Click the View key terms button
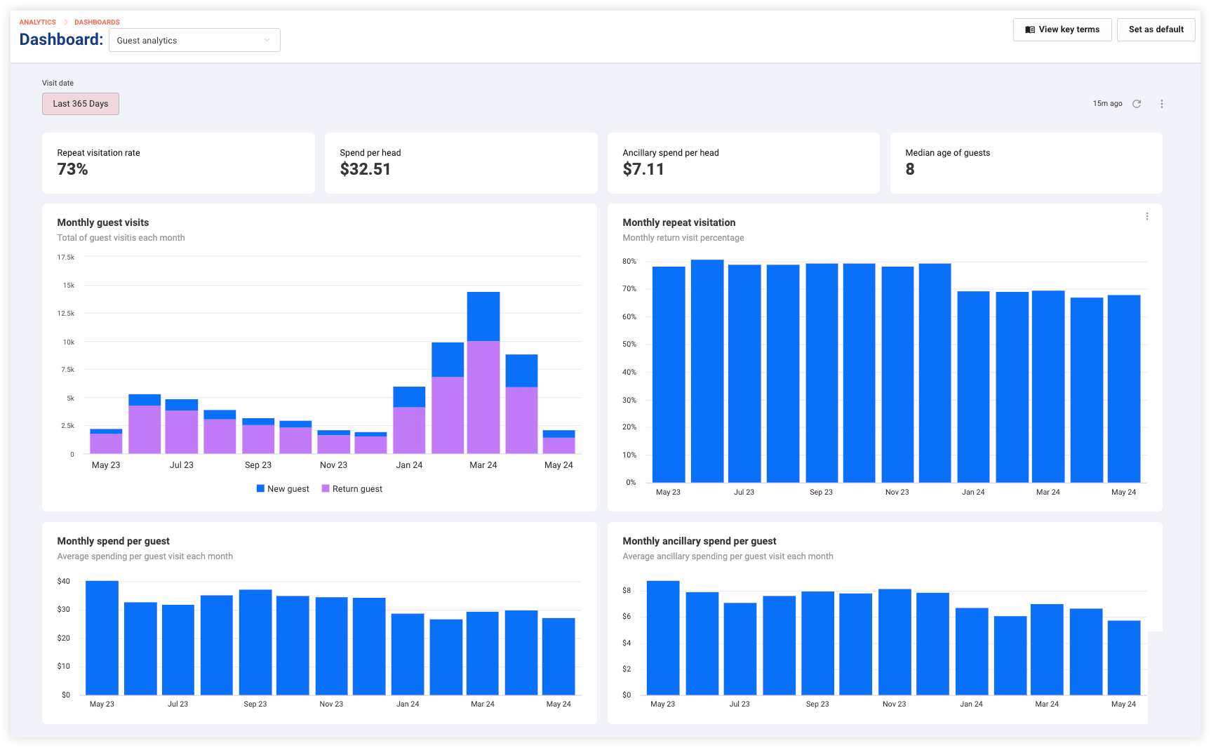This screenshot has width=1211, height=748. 1062,29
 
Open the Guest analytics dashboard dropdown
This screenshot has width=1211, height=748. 194,40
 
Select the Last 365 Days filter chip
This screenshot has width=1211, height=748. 81,104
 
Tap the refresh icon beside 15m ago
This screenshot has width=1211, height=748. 1137,104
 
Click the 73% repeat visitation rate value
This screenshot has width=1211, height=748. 73,169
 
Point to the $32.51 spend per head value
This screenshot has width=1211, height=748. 366,169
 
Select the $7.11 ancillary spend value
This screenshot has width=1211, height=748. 643,169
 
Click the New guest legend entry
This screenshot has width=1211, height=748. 283,489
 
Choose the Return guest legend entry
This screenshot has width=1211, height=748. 352,489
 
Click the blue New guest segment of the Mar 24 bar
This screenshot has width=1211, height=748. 483,316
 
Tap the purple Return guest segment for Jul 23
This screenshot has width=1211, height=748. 182,432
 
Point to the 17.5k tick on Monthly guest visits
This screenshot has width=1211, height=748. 66,258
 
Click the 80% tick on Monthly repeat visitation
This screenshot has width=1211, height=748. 629,261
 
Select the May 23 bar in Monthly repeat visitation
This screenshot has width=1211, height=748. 669,375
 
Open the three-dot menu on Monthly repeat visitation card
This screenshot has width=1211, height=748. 1147,216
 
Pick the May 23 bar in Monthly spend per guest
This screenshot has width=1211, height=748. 102,638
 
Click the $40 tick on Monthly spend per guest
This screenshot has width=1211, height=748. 64,581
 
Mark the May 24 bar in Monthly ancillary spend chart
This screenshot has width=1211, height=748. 1124,658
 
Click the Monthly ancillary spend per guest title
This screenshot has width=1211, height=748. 700,541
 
